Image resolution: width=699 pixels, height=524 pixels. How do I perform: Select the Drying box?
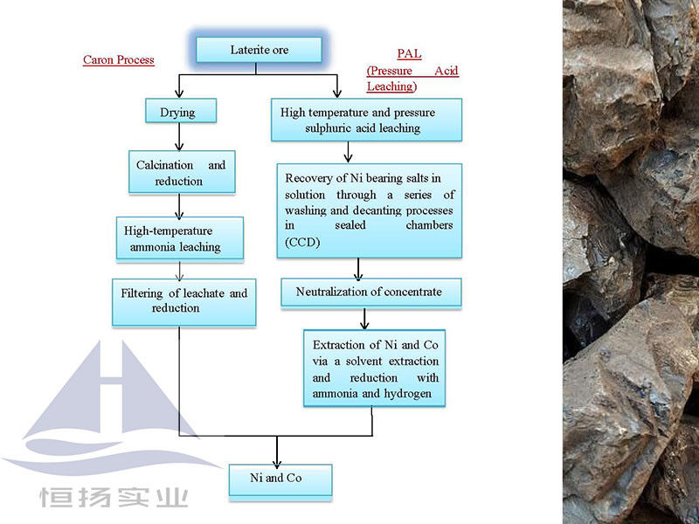click(178, 112)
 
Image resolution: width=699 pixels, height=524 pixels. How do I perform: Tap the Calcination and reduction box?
click(181, 173)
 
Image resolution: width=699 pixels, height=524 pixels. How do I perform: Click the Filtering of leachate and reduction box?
click(183, 301)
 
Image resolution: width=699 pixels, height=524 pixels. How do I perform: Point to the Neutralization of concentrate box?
click(370, 292)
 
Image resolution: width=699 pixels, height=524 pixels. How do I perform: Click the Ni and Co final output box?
click(277, 479)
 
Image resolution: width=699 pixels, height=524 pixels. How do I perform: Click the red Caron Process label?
click(118, 60)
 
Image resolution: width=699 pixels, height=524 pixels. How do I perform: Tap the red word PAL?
click(409, 54)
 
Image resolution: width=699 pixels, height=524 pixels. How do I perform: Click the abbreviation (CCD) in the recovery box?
click(301, 242)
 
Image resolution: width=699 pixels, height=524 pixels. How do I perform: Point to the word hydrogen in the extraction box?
click(419, 395)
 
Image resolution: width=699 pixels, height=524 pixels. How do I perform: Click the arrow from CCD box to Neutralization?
click(358, 268)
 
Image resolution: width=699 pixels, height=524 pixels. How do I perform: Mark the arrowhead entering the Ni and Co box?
click(277, 460)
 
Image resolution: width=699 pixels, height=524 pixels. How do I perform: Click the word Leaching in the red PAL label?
click(390, 86)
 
